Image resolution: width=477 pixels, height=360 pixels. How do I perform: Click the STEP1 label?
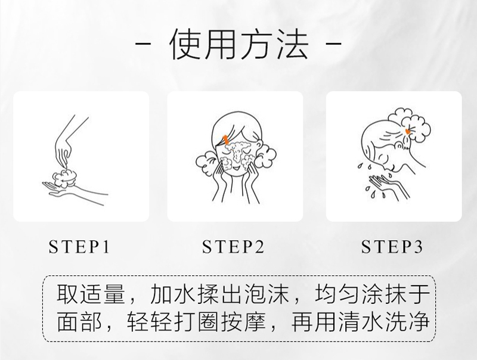(79, 247)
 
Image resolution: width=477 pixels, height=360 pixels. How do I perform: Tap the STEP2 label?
(233, 247)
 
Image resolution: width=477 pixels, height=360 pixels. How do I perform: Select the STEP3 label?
(392, 247)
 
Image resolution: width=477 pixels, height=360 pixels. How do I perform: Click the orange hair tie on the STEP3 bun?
(407, 131)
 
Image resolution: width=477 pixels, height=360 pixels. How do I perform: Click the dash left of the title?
(143, 44)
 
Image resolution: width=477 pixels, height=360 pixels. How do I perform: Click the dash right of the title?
(334, 44)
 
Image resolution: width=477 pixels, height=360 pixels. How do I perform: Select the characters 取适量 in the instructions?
(91, 294)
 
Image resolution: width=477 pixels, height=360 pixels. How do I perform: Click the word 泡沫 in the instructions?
(267, 294)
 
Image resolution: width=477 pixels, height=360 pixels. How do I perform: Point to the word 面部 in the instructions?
(80, 321)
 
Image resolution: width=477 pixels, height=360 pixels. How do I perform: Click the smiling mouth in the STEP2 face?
(236, 167)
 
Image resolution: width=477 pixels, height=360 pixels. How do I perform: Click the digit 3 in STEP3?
(419, 247)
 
